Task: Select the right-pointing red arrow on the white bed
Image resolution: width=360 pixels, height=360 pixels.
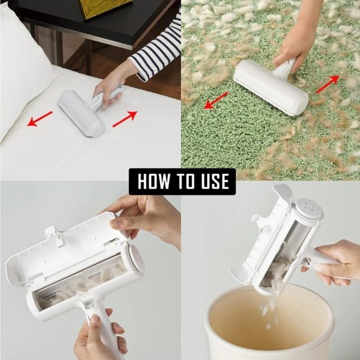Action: point(125,119)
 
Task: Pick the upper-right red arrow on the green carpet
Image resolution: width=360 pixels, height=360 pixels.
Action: point(328,83)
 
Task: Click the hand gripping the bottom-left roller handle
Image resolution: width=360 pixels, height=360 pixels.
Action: point(98,337)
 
